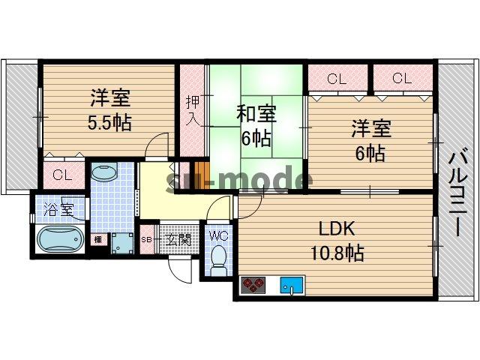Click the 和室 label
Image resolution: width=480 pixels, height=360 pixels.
pyautogui.click(x=256, y=115)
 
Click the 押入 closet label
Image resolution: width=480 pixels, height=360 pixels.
pyautogui.click(x=191, y=110)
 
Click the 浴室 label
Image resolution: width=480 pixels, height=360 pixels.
pyautogui.click(x=58, y=209)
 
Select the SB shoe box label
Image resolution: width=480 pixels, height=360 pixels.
pyautogui.click(x=147, y=240)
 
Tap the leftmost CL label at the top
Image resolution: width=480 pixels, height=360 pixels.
pyautogui.click(x=337, y=78)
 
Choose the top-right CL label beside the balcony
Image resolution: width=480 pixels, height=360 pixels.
pyautogui.click(x=400, y=78)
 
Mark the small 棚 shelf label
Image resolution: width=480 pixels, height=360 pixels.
pyautogui.click(x=97, y=240)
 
